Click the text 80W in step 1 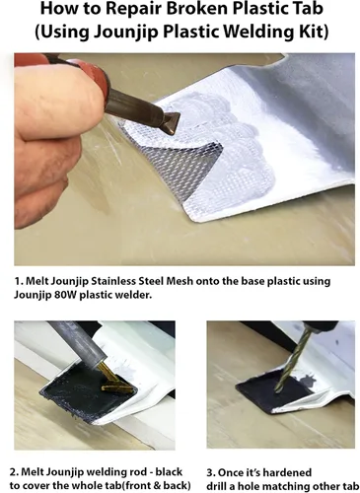(65, 295)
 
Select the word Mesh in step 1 (180, 281)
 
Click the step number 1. (18, 281)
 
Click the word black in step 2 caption (169, 472)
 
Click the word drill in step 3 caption (218, 486)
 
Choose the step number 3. (210, 472)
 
